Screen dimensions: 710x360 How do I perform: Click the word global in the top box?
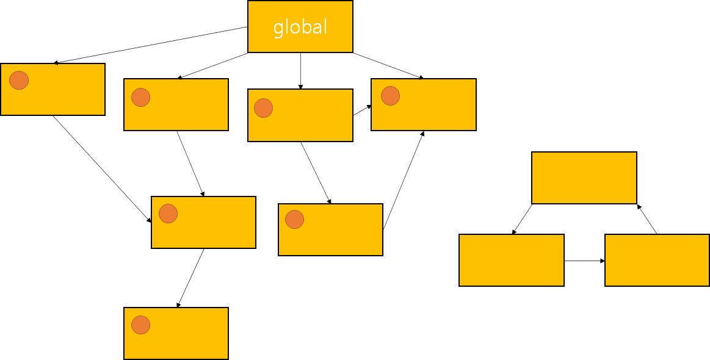(300, 27)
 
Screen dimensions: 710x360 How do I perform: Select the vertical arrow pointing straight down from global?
(300, 71)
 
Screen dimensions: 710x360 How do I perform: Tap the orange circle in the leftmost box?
(19, 80)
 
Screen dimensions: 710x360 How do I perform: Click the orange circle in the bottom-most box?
(140, 325)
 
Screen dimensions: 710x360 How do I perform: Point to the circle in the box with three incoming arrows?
(390, 96)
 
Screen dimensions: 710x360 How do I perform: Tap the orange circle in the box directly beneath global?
(263, 108)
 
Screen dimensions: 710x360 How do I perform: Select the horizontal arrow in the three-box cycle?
(584, 261)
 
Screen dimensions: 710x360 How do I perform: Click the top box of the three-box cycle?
(584, 178)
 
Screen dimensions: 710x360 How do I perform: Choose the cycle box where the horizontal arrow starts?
(511, 260)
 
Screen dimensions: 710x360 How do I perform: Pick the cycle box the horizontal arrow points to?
(657, 260)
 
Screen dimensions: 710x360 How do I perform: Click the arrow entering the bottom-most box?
(190, 278)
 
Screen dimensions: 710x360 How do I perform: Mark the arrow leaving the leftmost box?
(102, 168)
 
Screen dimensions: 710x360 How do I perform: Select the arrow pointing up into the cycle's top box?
(647, 219)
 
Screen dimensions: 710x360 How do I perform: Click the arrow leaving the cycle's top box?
(522, 219)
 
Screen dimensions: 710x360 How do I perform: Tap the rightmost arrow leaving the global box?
(388, 66)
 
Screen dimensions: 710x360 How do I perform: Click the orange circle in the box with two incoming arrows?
(168, 214)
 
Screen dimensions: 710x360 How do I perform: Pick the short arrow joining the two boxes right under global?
(362, 110)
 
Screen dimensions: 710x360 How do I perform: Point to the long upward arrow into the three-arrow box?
(403, 180)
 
